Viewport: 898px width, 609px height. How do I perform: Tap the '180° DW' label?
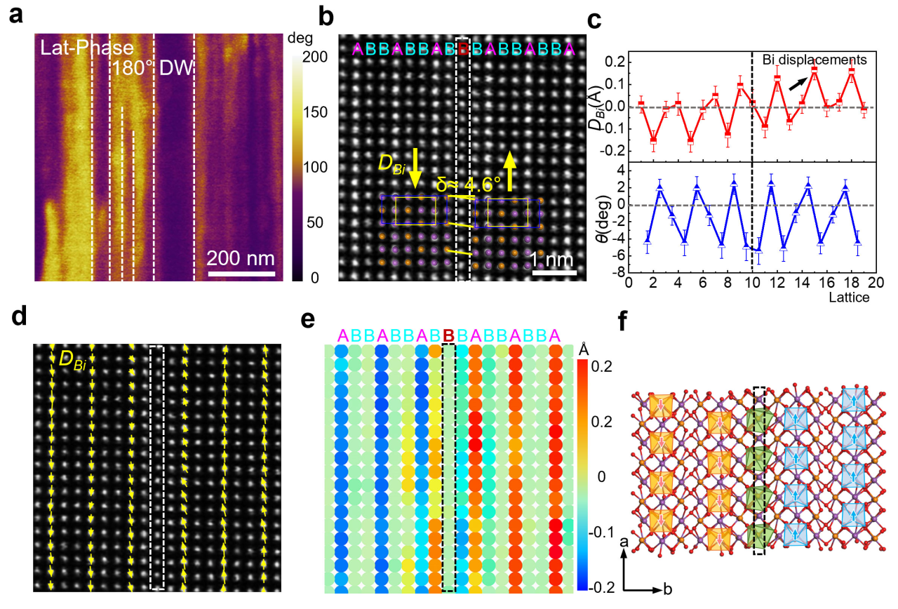pos(154,69)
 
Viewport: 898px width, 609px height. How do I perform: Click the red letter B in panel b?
pos(463,49)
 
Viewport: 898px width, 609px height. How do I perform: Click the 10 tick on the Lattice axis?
pos(752,282)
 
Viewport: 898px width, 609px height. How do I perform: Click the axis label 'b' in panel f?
pos(668,589)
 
